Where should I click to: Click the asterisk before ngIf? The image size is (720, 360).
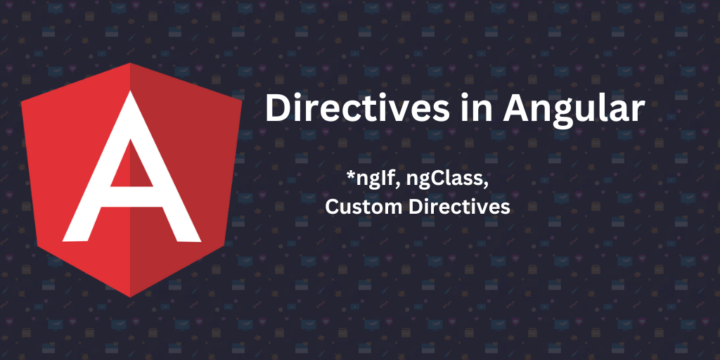pos(350,176)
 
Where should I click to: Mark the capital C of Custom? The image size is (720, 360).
pos(332,207)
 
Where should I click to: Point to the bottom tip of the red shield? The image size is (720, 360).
pos(131,296)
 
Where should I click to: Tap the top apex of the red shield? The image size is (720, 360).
pos(131,64)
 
